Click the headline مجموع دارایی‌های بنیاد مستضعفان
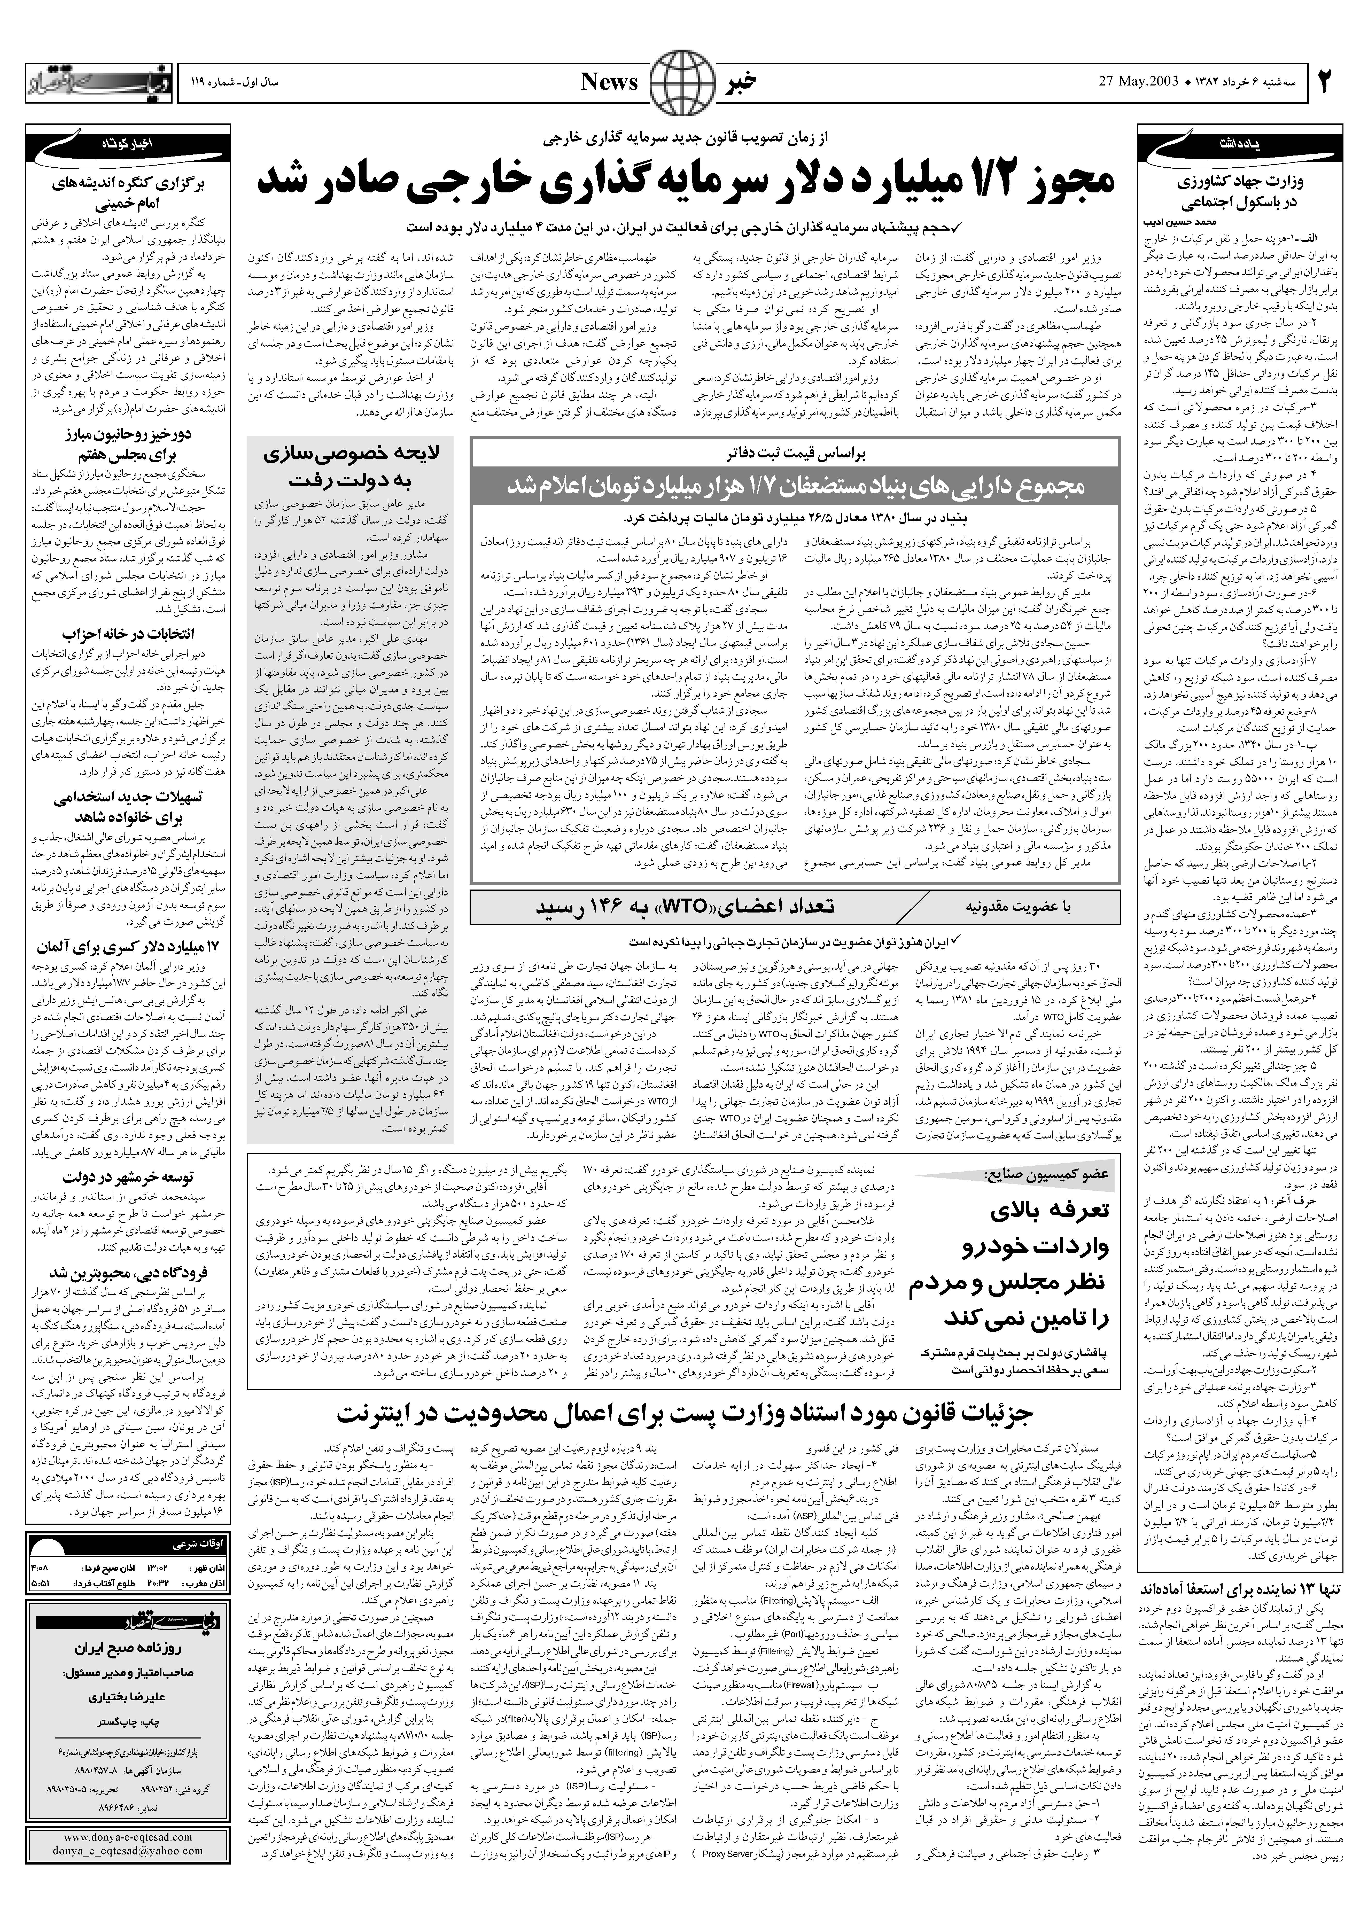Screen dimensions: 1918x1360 click(794, 486)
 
